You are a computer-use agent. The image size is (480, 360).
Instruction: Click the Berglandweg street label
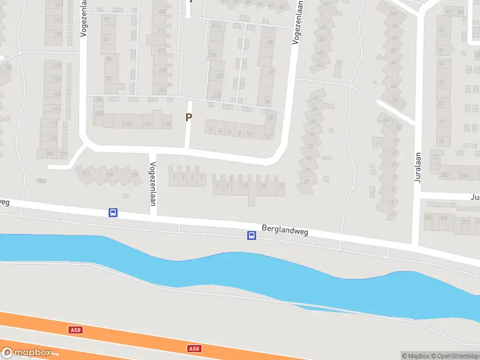285,230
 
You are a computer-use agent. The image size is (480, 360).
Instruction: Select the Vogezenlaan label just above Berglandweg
153,184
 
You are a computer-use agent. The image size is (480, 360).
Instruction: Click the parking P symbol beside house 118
188,118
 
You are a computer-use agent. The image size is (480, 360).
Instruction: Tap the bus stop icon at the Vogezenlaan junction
113,212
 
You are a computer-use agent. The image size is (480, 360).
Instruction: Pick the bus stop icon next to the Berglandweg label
252,236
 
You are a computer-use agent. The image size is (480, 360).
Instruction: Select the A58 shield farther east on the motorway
193,348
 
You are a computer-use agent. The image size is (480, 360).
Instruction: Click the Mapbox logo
26,353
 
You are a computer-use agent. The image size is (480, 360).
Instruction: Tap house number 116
147,124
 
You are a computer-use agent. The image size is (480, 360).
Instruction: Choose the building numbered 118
166,124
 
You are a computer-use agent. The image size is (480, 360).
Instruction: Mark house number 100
99,113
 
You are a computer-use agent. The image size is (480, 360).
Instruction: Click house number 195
109,175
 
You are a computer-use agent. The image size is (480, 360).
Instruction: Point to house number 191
85,173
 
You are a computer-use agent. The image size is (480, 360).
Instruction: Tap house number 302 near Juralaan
445,175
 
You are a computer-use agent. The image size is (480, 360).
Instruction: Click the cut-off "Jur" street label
474,197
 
